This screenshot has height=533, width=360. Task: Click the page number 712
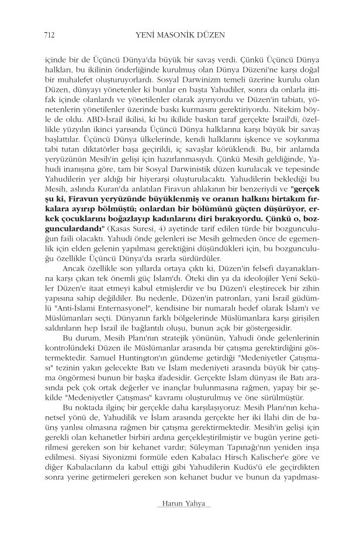pos(41,35)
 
